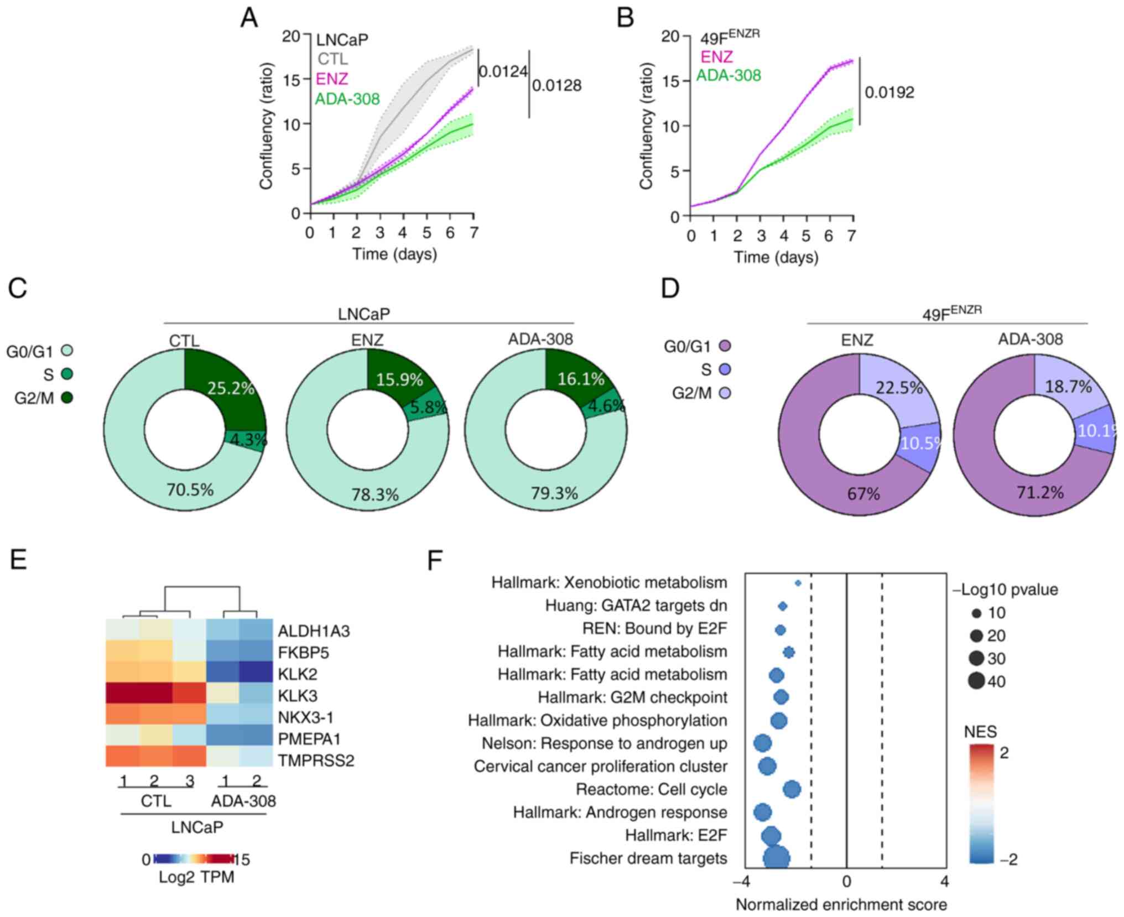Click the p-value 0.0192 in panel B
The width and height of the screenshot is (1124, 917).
click(889, 92)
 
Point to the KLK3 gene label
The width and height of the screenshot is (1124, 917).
click(298, 695)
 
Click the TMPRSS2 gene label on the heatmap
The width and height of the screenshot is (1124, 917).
click(316, 760)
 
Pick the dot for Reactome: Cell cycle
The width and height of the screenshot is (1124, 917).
click(792, 789)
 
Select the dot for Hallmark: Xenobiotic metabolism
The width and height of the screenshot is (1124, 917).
click(798, 583)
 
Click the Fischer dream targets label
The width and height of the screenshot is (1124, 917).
click(648, 858)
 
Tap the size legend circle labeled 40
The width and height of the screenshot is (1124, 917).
click(976, 681)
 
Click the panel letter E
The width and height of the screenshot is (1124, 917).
click(18, 560)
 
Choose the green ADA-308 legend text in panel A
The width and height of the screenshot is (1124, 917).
click(347, 99)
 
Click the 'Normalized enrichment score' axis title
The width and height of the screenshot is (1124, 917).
click(841, 904)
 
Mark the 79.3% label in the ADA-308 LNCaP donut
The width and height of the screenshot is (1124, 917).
click(554, 493)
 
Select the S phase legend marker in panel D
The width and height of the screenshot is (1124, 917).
click(724, 369)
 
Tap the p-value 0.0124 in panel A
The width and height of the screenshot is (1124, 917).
click(502, 71)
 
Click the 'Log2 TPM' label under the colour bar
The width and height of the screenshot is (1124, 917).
click(196, 877)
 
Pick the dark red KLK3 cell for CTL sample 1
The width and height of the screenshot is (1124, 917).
click(122, 695)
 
